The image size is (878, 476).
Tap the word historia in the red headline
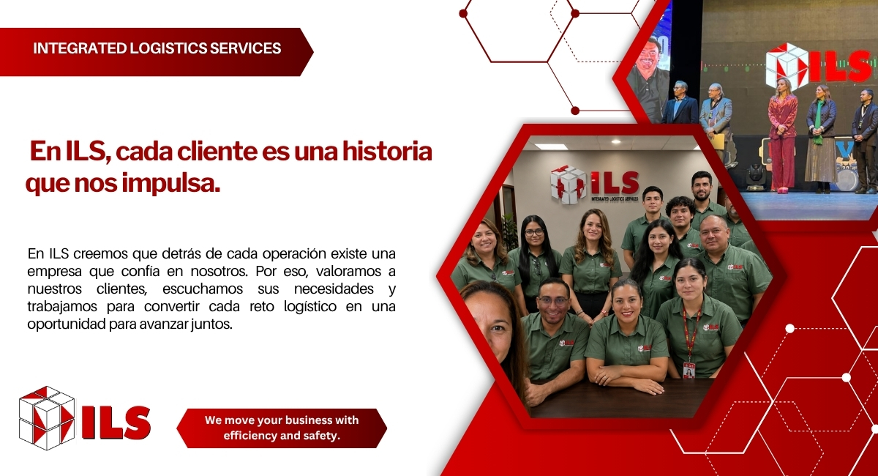click(x=387, y=152)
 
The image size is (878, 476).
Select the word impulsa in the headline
click(x=170, y=184)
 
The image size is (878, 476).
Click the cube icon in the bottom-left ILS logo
click(x=47, y=418)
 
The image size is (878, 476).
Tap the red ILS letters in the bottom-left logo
click(x=116, y=423)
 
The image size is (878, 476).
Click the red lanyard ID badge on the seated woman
click(x=688, y=370)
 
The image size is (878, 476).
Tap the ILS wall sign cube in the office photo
click(x=568, y=185)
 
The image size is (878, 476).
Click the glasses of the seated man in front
click(x=553, y=301)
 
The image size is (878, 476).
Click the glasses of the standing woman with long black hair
click(x=534, y=232)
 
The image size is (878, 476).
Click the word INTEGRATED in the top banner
click(x=80, y=48)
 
